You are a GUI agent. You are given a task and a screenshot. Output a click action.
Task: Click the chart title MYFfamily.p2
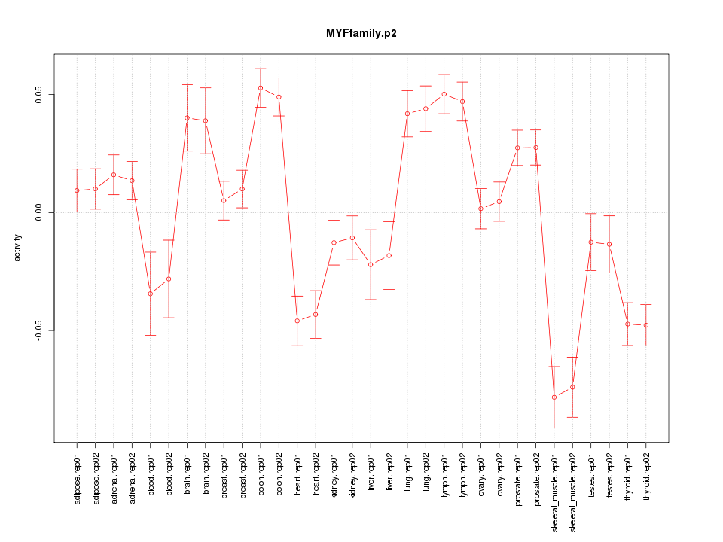click(361, 34)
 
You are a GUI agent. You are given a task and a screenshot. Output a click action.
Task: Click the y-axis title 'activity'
click(18, 248)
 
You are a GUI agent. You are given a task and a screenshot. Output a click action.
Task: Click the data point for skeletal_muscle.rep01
click(554, 397)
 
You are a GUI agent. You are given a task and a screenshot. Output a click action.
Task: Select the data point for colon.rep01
click(261, 88)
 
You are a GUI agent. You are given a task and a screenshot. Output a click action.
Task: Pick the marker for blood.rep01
click(151, 294)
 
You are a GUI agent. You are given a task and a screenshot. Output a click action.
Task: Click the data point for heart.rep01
click(297, 321)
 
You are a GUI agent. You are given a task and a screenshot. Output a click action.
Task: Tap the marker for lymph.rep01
click(444, 94)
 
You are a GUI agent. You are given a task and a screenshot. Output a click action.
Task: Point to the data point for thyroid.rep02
click(646, 325)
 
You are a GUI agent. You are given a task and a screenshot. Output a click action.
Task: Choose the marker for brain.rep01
click(187, 117)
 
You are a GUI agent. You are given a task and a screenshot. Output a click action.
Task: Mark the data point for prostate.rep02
click(536, 148)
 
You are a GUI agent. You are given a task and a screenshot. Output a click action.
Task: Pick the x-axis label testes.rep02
click(609, 470)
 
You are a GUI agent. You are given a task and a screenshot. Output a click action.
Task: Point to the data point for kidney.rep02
click(352, 238)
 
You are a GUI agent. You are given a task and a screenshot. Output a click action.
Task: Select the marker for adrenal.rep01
click(114, 175)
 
